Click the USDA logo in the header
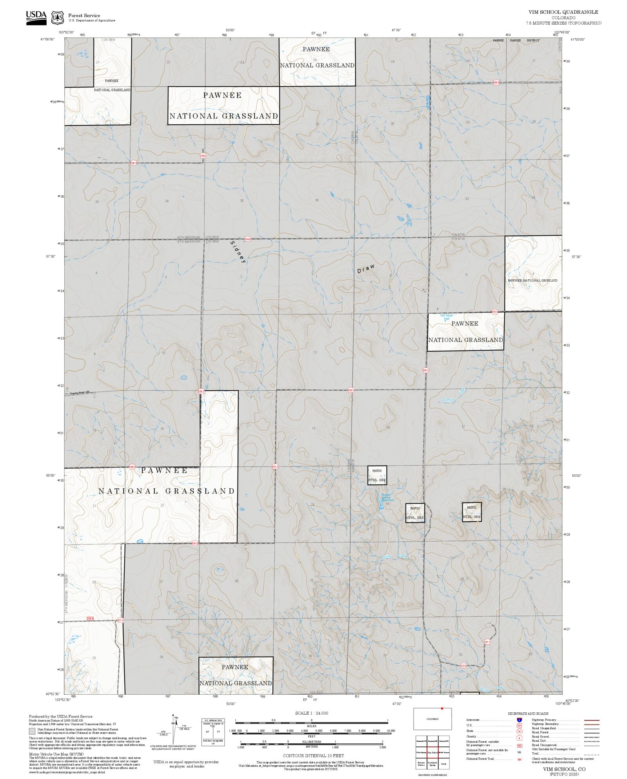click(x=36, y=17)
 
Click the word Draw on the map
click(x=366, y=269)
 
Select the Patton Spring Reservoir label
click(x=388, y=498)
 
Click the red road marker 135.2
click(x=426, y=370)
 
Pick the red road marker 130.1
click(x=351, y=390)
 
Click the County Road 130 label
click(x=80, y=393)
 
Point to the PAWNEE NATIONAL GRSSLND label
click(x=532, y=280)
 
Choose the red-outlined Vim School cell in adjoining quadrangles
click(x=432, y=753)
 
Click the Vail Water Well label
click(x=446, y=317)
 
